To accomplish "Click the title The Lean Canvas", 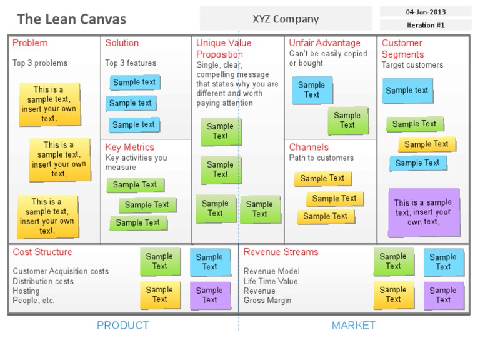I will pos(72,19).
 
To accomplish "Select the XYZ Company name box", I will pos(286,19).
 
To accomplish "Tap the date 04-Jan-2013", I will pos(425,11).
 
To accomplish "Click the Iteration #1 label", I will pos(425,25).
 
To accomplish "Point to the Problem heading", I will pos(30,43).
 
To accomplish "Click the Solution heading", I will pos(122,43).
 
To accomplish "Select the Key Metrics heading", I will pos(129,147).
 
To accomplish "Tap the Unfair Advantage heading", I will pos(324,43).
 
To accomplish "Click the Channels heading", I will pos(309,147).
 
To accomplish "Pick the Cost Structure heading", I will pos(42,252).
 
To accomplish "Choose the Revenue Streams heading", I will pos(281,252).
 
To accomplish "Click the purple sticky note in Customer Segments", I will pos(423,212).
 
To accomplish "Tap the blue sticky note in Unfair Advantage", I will pos(312,90).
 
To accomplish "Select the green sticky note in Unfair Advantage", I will pos(347,120).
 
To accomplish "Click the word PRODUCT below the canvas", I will pos(122,325).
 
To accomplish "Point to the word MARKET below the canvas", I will pos(353,325).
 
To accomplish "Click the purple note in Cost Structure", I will pos(209,295).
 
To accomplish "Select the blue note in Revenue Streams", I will pos(443,262).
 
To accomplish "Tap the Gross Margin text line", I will pos(267,301).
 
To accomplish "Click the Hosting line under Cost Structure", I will pos(26,291).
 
